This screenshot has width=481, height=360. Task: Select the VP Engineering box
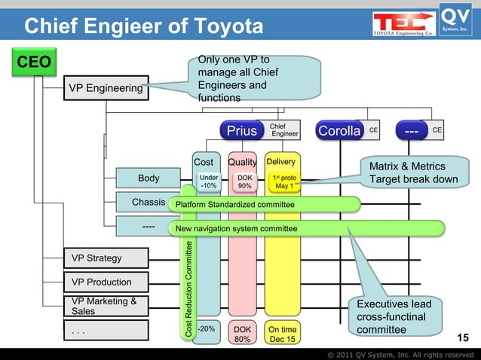(106, 89)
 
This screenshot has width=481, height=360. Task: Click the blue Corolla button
(339, 131)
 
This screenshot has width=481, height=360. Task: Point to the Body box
(149, 178)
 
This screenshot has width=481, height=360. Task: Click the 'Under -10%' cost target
(209, 182)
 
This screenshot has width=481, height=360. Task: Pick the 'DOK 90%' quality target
(244, 182)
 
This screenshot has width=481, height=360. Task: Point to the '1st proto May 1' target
(283, 182)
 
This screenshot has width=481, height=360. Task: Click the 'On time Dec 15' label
(283, 334)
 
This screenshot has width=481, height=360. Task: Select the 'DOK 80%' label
(243, 334)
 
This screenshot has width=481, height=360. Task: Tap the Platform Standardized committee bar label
(234, 204)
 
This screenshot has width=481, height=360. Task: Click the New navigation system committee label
(236, 228)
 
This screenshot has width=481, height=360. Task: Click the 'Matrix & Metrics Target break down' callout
(412, 172)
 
